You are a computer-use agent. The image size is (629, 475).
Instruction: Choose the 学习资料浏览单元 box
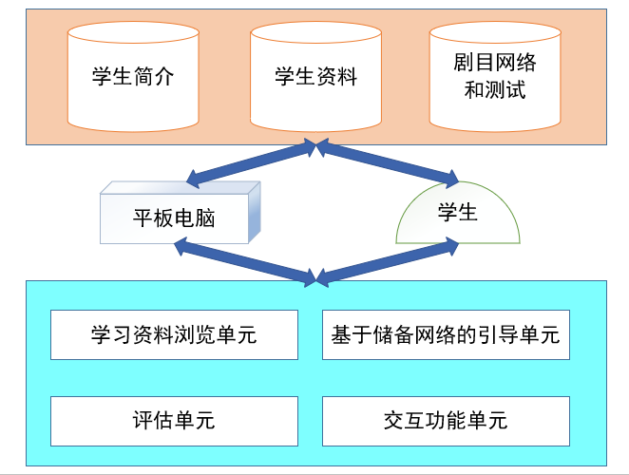(x=174, y=334)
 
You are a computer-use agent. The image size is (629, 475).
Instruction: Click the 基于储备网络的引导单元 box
(x=446, y=334)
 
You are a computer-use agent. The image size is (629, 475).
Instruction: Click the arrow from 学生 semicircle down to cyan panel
(x=385, y=260)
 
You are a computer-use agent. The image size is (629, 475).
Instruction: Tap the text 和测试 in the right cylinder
(x=494, y=91)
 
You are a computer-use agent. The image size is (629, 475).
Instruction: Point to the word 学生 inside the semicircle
(x=457, y=212)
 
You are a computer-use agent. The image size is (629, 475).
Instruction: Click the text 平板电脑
(x=174, y=218)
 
